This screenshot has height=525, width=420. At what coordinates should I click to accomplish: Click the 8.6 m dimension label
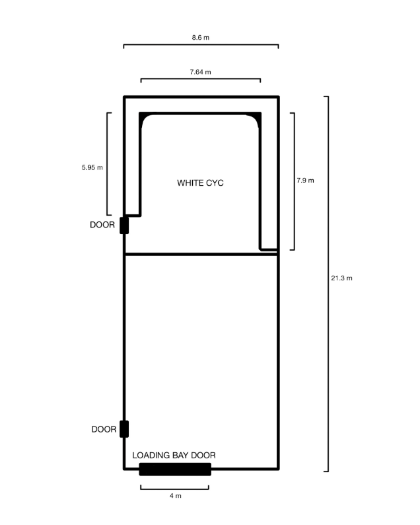pyautogui.click(x=201, y=38)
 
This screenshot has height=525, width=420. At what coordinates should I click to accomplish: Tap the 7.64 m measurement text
pyautogui.click(x=200, y=72)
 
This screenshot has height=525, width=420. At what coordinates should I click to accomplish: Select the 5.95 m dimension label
pyautogui.click(x=92, y=167)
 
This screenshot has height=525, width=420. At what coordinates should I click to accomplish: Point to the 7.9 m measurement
pyautogui.click(x=305, y=181)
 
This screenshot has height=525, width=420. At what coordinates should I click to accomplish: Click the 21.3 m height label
pyautogui.click(x=342, y=278)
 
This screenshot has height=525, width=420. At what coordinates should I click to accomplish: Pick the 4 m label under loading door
pyautogui.click(x=176, y=495)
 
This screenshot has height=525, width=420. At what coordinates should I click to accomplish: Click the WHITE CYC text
pyautogui.click(x=200, y=182)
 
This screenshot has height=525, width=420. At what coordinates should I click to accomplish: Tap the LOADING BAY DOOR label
pyautogui.click(x=174, y=456)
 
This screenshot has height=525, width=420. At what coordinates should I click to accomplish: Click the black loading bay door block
pyautogui.click(x=175, y=469)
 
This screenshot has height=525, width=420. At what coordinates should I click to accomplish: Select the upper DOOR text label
pyautogui.click(x=102, y=225)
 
